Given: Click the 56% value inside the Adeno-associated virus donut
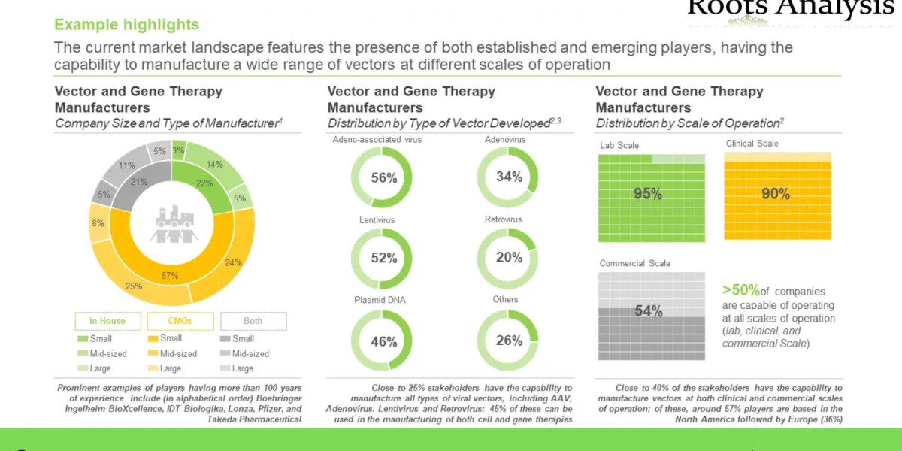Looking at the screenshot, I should tap(383, 177).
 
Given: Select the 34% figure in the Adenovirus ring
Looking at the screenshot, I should tap(509, 177).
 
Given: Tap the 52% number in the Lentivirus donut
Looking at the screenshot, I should tap(383, 258).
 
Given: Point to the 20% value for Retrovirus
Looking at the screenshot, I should tap(509, 257).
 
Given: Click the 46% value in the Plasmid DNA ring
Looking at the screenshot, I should tap(383, 341).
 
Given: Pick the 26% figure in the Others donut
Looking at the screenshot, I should tap(509, 341).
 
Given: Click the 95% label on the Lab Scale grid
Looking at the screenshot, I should tap(647, 194).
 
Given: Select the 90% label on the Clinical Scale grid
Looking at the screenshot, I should tap(776, 194).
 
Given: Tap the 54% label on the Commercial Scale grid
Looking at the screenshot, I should tap(647, 311).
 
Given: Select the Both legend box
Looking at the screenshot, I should tap(253, 322).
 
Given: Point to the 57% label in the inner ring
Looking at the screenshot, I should tap(170, 276).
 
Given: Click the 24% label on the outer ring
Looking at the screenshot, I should tap(234, 263).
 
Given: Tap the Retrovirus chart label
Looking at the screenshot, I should tap(503, 219).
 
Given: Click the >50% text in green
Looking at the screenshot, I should tap(740, 290).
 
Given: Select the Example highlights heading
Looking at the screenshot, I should tap(127, 25).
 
